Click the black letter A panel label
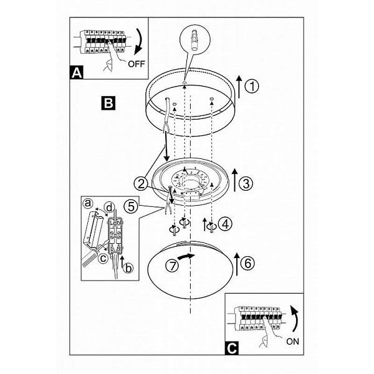click(77, 72)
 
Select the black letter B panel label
click(108, 103)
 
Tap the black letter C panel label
click(232, 348)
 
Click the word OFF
click(137, 64)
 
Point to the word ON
click(293, 342)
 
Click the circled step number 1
click(252, 86)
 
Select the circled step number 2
click(141, 184)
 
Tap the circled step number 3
click(246, 183)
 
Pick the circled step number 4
click(225, 224)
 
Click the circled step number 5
click(131, 206)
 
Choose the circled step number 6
click(248, 263)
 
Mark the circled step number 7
click(172, 266)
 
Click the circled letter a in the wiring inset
click(88, 203)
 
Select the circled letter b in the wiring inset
click(128, 268)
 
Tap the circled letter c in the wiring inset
click(103, 258)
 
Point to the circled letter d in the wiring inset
click(109, 208)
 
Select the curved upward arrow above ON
click(296, 319)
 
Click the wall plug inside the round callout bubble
click(195, 41)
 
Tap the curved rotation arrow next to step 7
click(186, 257)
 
